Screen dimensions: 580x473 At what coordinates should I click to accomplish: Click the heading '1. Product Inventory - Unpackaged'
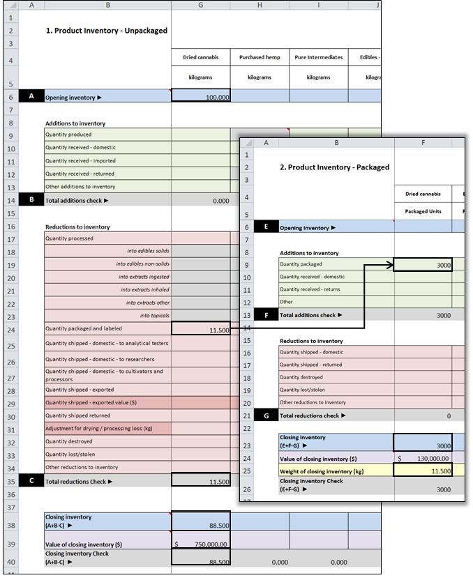(106, 31)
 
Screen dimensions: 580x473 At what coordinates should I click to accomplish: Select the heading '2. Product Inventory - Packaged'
(334, 167)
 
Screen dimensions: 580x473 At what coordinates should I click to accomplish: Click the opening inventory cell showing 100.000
(200, 98)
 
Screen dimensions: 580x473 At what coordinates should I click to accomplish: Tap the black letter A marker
(31, 97)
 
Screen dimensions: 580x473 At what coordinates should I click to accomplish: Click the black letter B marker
(31, 200)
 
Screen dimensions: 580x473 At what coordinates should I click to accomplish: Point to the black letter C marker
(31, 480)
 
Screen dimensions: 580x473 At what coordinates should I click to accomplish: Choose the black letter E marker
(266, 227)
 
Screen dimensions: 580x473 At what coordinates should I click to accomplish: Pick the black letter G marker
(266, 415)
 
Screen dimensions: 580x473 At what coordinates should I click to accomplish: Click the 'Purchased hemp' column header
(259, 57)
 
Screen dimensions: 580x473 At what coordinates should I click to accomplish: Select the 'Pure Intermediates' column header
(318, 57)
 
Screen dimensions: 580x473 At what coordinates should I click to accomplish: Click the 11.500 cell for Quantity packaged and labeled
(200, 330)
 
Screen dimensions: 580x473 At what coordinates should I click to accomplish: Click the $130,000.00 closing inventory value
(423, 458)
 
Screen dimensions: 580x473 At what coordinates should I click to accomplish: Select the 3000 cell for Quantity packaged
(423, 265)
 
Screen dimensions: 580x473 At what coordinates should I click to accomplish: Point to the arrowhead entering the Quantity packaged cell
(390, 265)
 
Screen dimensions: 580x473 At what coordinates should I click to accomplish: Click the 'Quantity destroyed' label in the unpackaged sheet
(69, 441)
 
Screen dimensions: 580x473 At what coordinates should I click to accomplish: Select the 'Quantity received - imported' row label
(80, 160)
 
